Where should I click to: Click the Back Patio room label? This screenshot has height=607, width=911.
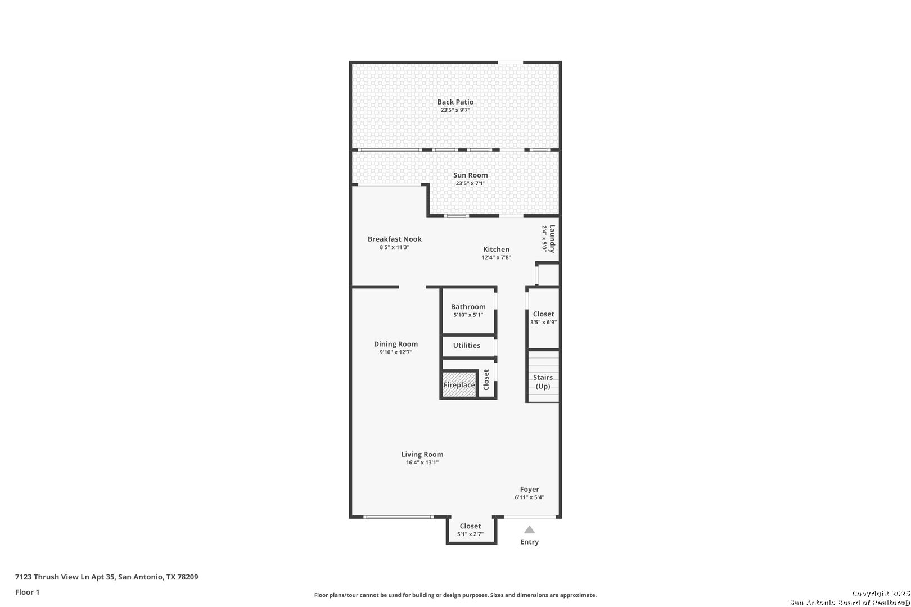coord(455,102)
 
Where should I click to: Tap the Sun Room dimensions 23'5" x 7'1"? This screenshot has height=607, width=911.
coord(471,183)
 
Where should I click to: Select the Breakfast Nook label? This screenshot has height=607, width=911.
coord(395,239)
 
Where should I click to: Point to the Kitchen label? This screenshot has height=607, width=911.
coord(496,249)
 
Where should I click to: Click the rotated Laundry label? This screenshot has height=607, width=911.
coord(552,239)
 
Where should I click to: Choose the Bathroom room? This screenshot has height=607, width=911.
coord(468,311)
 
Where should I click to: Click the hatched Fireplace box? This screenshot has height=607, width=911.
coord(459,384)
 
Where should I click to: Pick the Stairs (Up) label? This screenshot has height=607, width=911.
coord(543,382)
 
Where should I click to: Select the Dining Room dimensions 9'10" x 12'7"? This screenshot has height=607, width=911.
coord(396,352)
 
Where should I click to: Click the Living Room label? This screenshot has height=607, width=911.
coord(422,455)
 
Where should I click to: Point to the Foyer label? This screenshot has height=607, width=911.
coord(530,490)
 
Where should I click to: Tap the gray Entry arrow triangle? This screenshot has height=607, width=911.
coord(530,530)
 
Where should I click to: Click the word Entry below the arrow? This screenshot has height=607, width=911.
coord(530,542)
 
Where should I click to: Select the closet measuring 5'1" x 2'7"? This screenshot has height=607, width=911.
coord(471,530)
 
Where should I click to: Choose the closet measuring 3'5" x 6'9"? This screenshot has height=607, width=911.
coord(543,318)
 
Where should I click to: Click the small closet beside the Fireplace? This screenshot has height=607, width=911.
coord(486,380)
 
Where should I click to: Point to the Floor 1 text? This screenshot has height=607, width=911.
coord(27,592)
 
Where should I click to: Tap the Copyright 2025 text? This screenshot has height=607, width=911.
coord(881,594)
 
